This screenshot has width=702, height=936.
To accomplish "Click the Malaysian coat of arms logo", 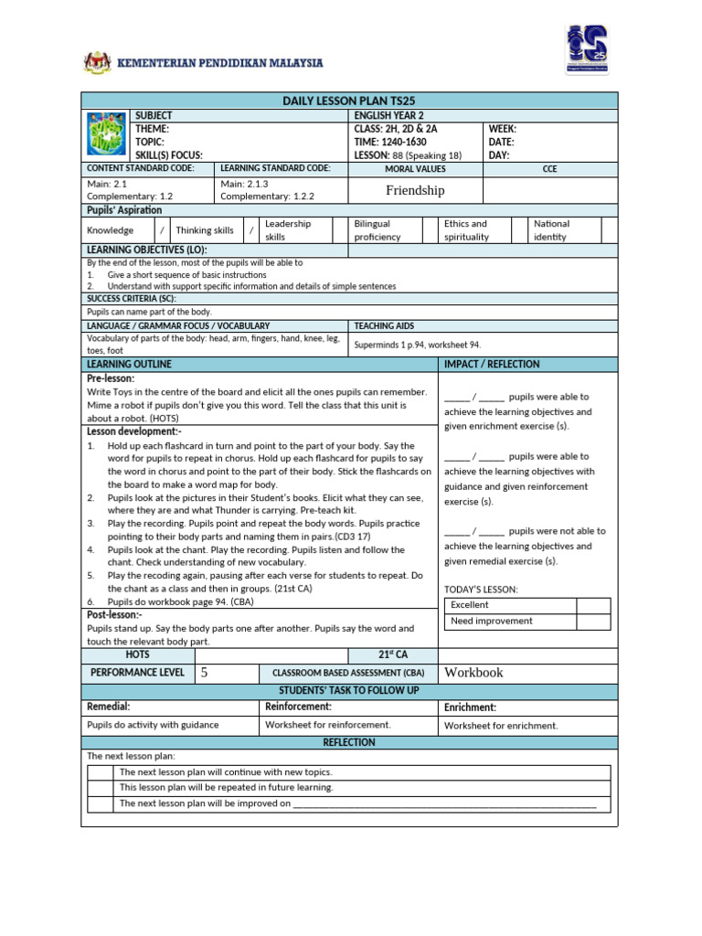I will (x=95, y=62).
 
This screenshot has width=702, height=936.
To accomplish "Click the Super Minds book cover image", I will (x=107, y=135).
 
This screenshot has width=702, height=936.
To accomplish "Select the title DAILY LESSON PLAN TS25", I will (x=349, y=101).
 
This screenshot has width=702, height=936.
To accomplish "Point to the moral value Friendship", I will (x=415, y=190).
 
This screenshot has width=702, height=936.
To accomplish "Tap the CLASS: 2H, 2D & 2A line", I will (x=399, y=129).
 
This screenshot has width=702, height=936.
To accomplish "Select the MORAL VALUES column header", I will (x=415, y=169).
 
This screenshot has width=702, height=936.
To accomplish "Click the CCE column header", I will (x=549, y=169).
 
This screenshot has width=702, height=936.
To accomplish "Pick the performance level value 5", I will (x=205, y=673).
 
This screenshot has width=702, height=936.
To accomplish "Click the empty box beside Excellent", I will (x=592, y=605).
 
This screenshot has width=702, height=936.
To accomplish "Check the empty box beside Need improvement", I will (x=592, y=622).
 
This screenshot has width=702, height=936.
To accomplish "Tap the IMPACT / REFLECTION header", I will (x=492, y=364).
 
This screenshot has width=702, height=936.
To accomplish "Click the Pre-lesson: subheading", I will (x=111, y=378).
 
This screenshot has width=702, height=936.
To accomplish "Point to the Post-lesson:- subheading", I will (x=116, y=615).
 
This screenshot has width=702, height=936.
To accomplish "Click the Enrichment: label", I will (x=470, y=707).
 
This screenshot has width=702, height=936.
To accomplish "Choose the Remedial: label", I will (x=108, y=707).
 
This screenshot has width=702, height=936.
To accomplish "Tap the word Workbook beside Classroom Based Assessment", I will (x=473, y=673).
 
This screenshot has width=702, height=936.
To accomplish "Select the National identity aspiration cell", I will (x=551, y=230).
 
